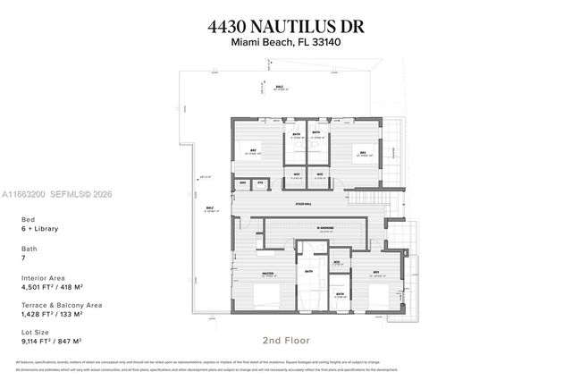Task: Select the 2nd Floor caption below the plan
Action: tap(286, 340)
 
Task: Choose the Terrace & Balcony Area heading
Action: tap(62, 305)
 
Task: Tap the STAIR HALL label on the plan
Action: tap(304, 204)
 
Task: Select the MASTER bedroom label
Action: tap(267, 274)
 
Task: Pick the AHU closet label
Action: tap(243, 182)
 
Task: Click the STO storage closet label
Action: tap(260, 182)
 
